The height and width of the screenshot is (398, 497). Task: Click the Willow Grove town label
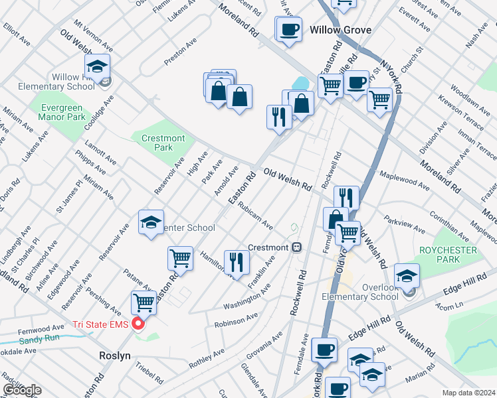340,30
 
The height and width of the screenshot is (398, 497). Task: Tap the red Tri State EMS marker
138,324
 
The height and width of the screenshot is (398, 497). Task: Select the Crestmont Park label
162,143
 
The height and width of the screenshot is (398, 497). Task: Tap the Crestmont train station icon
297,247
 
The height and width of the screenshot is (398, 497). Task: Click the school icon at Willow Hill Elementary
97,67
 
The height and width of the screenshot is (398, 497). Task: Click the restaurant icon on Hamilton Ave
236,263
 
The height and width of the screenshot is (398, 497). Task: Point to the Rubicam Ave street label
255,214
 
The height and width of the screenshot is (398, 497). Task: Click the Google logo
21,390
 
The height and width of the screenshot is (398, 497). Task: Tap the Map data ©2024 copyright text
468,393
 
